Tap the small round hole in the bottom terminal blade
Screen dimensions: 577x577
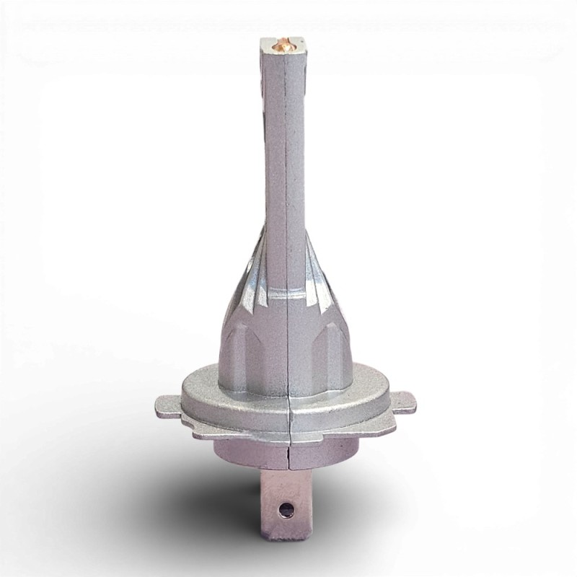288,508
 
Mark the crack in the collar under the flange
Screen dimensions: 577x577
288,451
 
